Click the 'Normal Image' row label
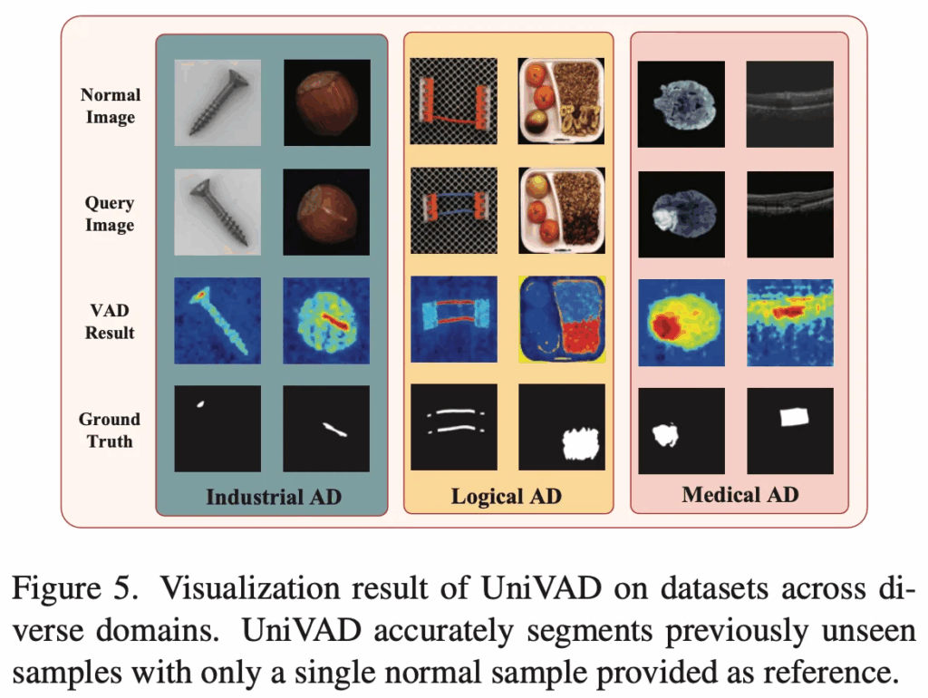(x=111, y=106)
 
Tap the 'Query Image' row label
(x=110, y=214)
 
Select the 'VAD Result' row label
(x=110, y=322)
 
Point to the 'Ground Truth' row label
(x=110, y=430)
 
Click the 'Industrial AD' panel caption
(x=274, y=497)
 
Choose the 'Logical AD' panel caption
(x=506, y=496)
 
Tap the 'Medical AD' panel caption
(x=739, y=494)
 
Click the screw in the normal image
(x=216, y=102)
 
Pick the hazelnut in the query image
(x=326, y=211)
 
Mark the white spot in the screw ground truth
(x=200, y=405)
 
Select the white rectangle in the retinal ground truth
(x=794, y=417)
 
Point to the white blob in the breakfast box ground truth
(x=581, y=444)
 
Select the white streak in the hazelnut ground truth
(x=334, y=429)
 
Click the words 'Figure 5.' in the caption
(x=74, y=588)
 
